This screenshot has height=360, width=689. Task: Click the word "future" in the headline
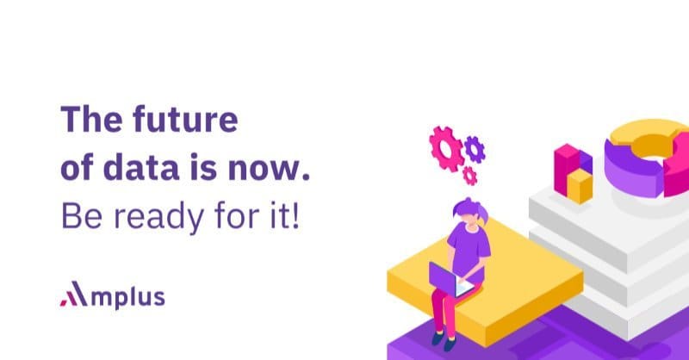(x=185, y=119)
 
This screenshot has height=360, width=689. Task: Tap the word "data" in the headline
(x=141, y=167)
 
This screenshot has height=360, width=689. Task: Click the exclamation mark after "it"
(x=295, y=215)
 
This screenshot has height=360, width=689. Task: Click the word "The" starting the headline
(x=91, y=119)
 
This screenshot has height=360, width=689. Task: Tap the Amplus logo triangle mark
(x=74, y=293)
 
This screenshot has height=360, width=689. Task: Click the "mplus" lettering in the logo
(x=127, y=297)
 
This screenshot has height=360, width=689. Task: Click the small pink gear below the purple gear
(x=469, y=176)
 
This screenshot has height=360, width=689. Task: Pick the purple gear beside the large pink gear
(x=475, y=150)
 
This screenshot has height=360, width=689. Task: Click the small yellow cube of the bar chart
(x=580, y=186)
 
